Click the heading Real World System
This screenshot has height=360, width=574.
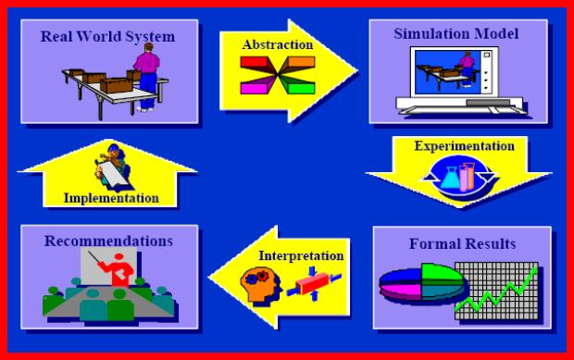coord(107,36)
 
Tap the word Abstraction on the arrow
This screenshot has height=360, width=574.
coord(277,44)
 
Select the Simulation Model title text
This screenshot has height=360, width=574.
coord(455,34)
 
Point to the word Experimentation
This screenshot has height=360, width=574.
coord(464,146)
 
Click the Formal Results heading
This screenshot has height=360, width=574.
coord(462,244)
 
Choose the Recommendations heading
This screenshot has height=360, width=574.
coord(108,241)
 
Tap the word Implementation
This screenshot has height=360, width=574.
coord(111,197)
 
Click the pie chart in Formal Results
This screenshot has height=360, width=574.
coord(421,287)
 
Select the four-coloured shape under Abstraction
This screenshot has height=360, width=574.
coord(277,75)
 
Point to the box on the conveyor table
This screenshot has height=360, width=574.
coord(114,87)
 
